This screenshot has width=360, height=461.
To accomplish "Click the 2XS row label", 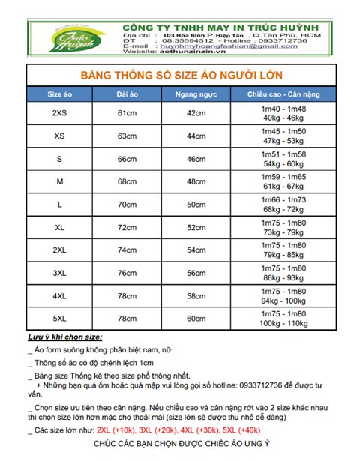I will (x=59, y=113).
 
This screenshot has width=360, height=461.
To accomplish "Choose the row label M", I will (x=59, y=181).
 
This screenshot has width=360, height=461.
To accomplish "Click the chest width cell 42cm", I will (x=196, y=113).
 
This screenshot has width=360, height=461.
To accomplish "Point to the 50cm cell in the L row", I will (x=196, y=204).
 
